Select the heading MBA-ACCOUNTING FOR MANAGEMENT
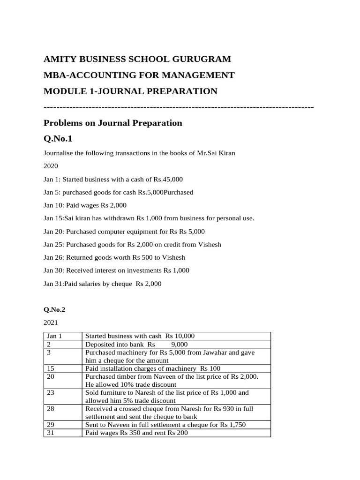pyautogui.click(x=139, y=75)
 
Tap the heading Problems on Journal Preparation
pyautogui.click(x=112, y=123)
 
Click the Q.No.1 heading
pyautogui.click(x=59, y=139)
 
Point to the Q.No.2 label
pyautogui.click(x=56, y=310)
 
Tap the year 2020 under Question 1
pyautogui.click(x=51, y=166)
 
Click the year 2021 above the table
pyautogui.click(x=51, y=323)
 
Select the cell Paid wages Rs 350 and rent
pyautogui.click(x=136, y=433)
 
